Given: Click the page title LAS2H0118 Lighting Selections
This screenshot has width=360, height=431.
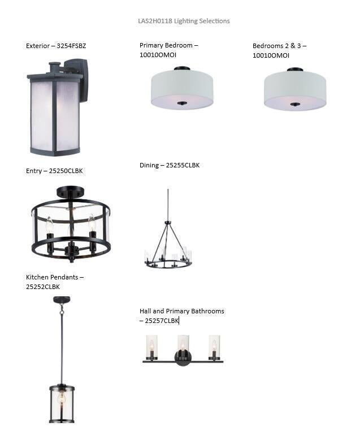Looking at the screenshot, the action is (x=184, y=21).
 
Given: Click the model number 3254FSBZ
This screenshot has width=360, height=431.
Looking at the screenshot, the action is (x=71, y=46).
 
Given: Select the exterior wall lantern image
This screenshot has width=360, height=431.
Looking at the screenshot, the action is (x=58, y=107).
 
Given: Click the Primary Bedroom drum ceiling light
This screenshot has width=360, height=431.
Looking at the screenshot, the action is (x=182, y=88).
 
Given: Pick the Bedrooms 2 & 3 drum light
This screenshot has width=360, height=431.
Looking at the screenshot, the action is (x=295, y=89).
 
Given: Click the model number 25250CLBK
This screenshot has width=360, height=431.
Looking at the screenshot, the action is (x=66, y=171).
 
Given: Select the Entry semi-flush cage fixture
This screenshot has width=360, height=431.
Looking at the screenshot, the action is (x=71, y=224).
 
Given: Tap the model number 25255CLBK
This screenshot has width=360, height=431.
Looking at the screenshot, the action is (x=183, y=166).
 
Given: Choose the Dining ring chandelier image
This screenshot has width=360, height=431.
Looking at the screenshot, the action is (x=168, y=229).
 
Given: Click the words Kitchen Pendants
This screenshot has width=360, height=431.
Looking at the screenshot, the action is (x=52, y=277).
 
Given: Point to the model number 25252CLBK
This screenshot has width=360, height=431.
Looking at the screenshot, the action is (x=43, y=287).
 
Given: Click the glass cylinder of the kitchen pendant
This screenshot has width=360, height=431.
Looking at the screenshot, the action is (x=62, y=404).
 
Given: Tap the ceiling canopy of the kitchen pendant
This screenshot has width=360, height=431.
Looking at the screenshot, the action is (x=62, y=300).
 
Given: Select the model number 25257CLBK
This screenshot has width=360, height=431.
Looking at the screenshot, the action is (x=162, y=321).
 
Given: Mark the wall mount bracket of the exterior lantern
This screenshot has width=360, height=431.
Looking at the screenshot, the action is (x=80, y=80).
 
